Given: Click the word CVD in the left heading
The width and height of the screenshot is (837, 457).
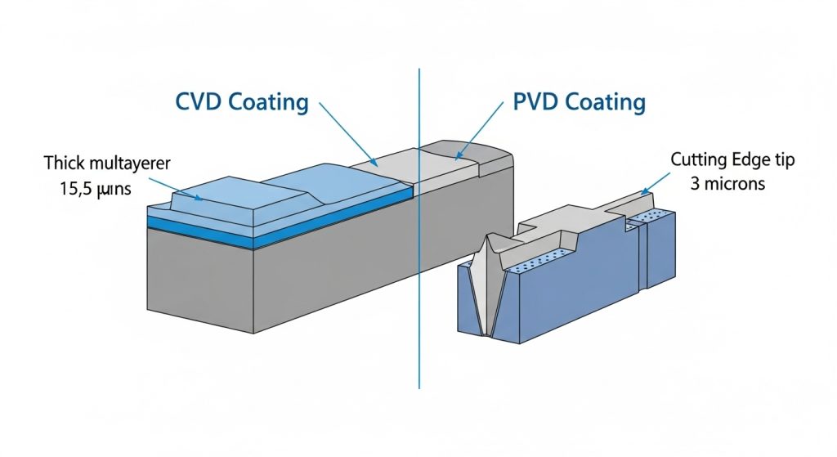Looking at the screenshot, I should [199, 103].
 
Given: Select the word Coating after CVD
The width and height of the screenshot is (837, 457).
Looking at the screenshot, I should [268, 103].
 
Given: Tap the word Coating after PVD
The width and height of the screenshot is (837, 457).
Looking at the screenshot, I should [605, 103].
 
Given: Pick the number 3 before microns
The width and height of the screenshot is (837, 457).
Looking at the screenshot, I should [694, 183].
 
